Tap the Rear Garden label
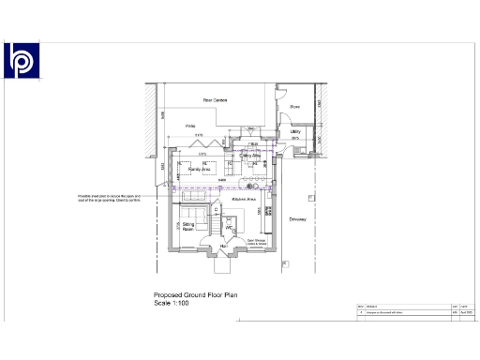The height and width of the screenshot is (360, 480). pyautogui.click(x=216, y=100)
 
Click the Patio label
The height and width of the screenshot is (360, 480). pyautogui.click(x=189, y=126)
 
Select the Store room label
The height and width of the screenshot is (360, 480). pyautogui.click(x=293, y=107)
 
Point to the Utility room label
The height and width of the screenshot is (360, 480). pyautogui.click(x=294, y=132)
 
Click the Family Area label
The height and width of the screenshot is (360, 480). pyautogui.click(x=198, y=170)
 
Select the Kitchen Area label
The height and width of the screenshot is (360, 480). pyautogui.click(x=245, y=200)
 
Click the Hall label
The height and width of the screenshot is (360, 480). pyautogui.click(x=224, y=247)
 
